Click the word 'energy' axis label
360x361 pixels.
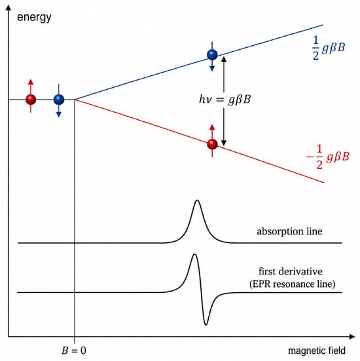tap(34, 18)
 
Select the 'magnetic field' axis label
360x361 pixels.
tap(317, 351)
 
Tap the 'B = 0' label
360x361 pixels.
tap(74, 351)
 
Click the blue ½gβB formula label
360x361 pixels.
tap(329, 48)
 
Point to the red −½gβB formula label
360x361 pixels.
tap(327, 157)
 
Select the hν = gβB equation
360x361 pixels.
tap(225, 100)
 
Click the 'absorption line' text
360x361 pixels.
tap(289, 231)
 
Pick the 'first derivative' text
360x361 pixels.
tap(291, 271)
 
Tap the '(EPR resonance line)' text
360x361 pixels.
tap(292, 284)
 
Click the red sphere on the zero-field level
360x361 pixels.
tap(31, 100)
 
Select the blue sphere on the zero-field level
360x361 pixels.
tap(59, 100)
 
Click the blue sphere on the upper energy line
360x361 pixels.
tap(212, 54)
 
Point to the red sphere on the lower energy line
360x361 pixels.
tap(212, 144)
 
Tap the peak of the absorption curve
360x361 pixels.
tap(197, 200)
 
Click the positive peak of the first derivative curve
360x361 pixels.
tap(194, 254)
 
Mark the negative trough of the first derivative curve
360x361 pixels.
tap(206, 324)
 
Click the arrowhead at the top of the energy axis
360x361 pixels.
tap(9, 8)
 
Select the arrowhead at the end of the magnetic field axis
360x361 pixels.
tap(352, 337)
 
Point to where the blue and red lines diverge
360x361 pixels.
tap(75, 100)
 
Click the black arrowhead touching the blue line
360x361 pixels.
tap(224, 59)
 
